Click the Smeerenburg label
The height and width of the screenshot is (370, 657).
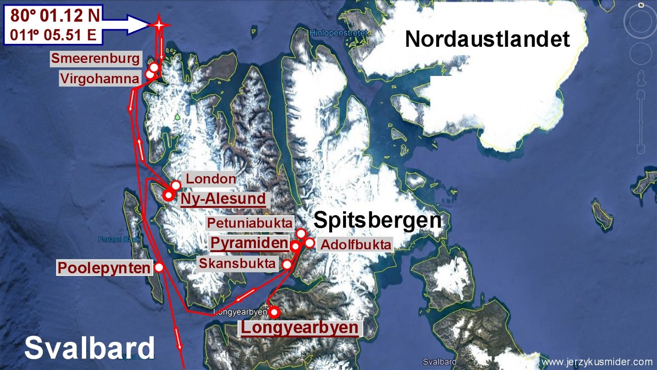[97, 59]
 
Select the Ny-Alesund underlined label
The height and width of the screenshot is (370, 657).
[223, 199]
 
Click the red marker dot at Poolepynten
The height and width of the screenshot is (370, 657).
[159, 267]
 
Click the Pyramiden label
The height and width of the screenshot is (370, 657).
[249, 243]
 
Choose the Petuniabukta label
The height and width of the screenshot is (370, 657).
[249, 223]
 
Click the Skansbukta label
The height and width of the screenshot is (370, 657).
[238, 263]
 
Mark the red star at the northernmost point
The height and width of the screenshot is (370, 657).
[159, 25]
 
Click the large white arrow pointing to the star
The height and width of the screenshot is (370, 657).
[129, 25]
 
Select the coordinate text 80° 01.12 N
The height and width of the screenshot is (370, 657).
[55, 16]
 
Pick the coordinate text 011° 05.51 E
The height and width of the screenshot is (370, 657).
[55, 36]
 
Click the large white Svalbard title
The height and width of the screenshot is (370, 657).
[90, 348]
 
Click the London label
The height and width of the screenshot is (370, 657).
[211, 179]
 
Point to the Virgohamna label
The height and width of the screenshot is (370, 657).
[100, 78]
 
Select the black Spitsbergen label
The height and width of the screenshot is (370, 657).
[378, 220]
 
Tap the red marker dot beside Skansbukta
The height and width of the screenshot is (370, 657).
[287, 264]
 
